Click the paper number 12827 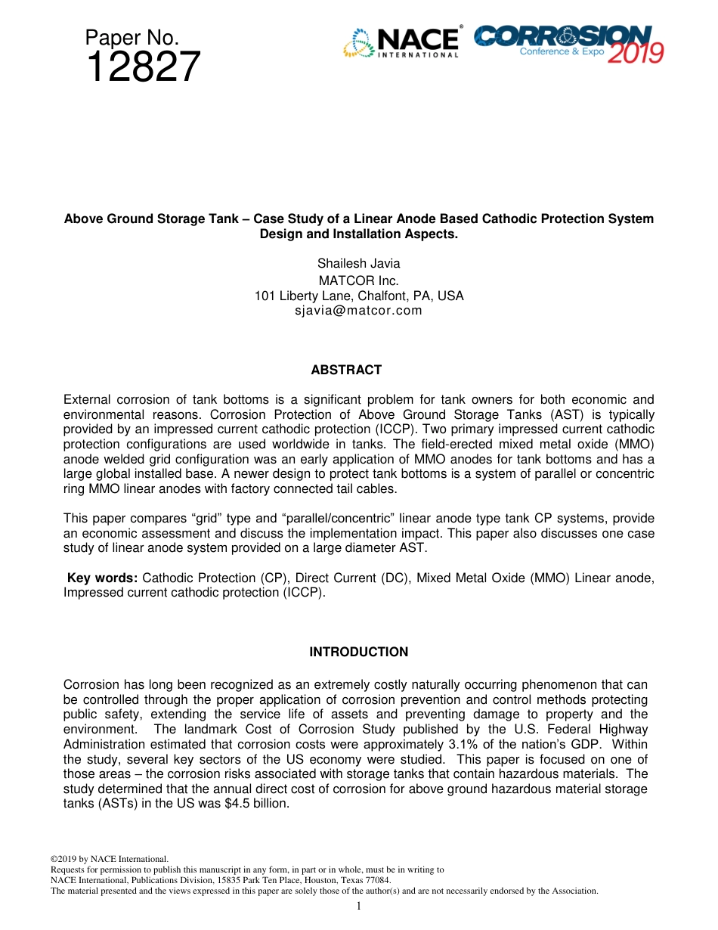point(144,68)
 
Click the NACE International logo point(401,42)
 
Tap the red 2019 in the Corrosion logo point(635,54)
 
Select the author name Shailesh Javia point(358,263)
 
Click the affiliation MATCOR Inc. point(358,280)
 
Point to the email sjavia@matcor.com point(358,310)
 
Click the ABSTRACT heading point(346,370)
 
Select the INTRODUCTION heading point(358,652)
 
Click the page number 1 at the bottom point(358,906)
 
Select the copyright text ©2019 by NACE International point(109,859)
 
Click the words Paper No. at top point(132,37)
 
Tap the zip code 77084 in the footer point(377,880)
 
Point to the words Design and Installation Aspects point(358,234)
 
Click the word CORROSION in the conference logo point(562,35)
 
